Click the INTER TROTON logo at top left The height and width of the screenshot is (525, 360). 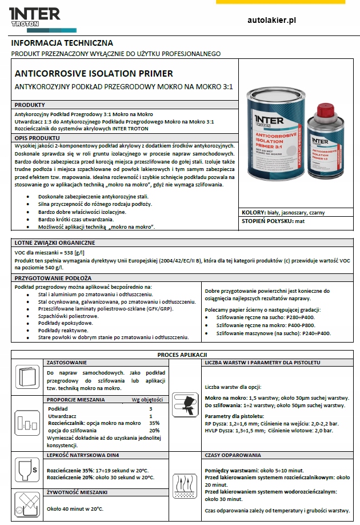pyautogui.click(x=35, y=17)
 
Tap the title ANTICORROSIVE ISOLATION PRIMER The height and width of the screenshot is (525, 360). pyautogui.click(x=94, y=74)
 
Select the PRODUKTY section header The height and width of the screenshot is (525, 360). pyautogui.click(x=30, y=105)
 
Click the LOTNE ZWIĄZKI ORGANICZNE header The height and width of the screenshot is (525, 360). pyautogui.click(x=55, y=242)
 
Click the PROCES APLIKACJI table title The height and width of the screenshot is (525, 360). pyautogui.click(x=182, y=355)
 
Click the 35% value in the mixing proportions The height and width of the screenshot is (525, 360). pyautogui.click(x=154, y=423)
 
